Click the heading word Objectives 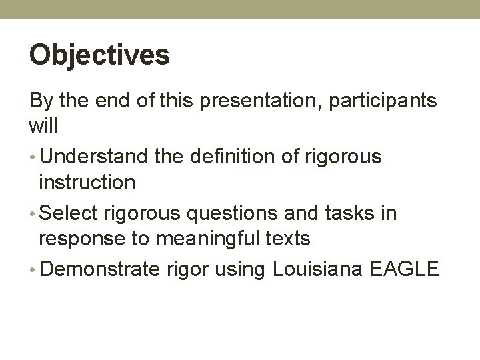(99, 55)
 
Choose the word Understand (93, 157)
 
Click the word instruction (86, 181)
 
